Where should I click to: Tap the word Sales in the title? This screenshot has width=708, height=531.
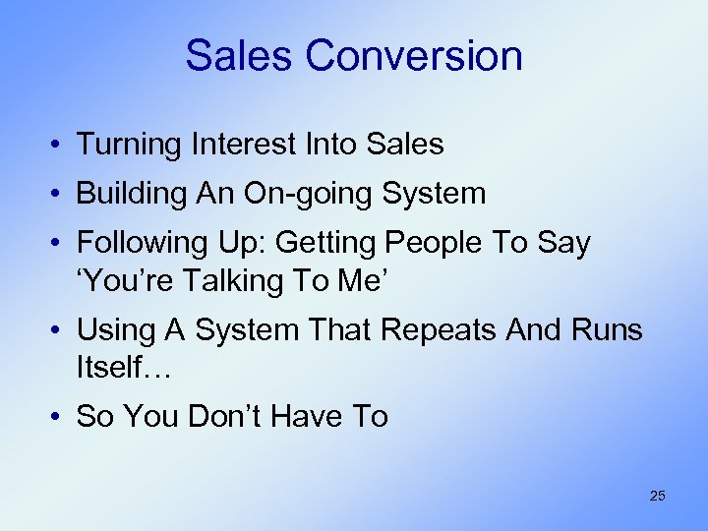[x=239, y=55]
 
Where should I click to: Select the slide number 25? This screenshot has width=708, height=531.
[x=657, y=496]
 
